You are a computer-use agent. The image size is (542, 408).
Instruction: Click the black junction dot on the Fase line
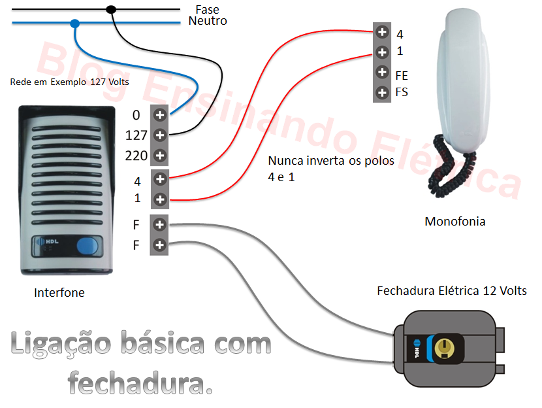click(111, 9)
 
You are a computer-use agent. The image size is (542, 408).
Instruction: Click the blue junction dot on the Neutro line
click(74, 24)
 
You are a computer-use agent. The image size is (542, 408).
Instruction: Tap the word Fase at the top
click(207, 9)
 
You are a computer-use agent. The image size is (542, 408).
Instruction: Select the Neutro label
click(208, 21)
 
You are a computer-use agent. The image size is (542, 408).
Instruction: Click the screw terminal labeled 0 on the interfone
click(159, 114)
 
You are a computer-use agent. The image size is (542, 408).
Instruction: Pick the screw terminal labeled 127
click(159, 135)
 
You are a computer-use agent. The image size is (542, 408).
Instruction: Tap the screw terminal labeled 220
click(159, 156)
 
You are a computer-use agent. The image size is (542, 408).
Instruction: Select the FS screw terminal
click(382, 92)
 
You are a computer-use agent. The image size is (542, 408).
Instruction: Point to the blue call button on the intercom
click(86, 246)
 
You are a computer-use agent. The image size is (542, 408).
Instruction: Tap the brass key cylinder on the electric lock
click(446, 345)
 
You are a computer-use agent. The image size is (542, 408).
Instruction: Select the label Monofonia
click(454, 222)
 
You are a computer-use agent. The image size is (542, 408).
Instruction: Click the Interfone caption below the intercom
click(59, 293)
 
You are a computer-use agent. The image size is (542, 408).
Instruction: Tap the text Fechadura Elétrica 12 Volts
click(452, 290)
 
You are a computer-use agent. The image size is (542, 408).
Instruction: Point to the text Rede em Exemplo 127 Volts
click(69, 82)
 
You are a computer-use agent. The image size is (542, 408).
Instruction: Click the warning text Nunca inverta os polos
click(331, 161)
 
